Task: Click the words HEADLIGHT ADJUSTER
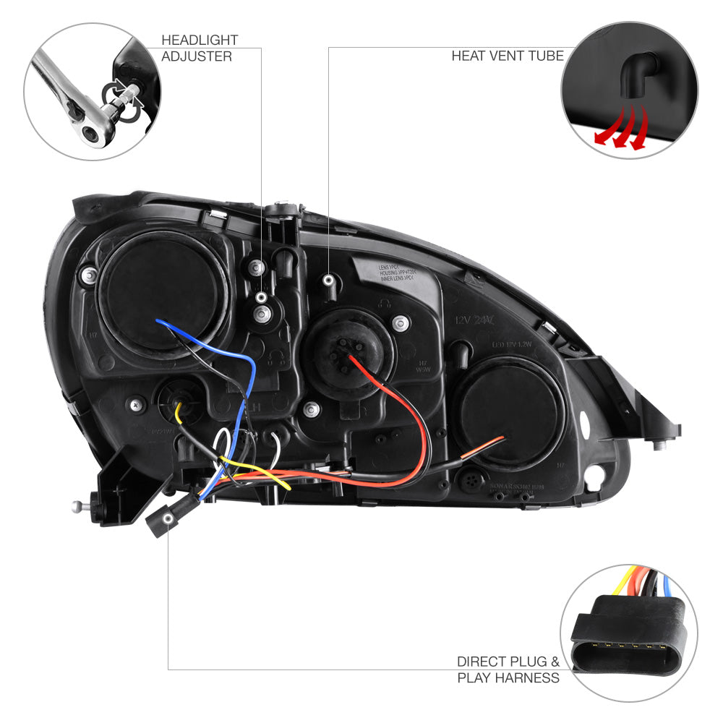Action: click(x=196, y=48)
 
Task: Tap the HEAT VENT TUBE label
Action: click(x=507, y=56)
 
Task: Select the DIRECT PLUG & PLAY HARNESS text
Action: click(x=508, y=669)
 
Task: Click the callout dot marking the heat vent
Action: click(x=329, y=279)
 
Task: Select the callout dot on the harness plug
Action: click(x=168, y=519)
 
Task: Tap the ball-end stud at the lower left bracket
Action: click(x=77, y=507)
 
